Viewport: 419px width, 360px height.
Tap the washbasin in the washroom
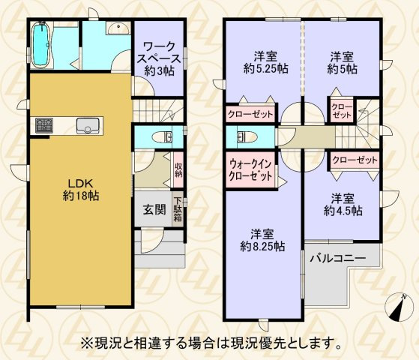(116, 29)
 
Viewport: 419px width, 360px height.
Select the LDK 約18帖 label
(80, 190)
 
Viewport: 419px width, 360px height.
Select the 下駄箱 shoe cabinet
(178, 208)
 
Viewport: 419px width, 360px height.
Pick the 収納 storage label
(178, 170)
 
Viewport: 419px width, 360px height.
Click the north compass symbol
(399, 307)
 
